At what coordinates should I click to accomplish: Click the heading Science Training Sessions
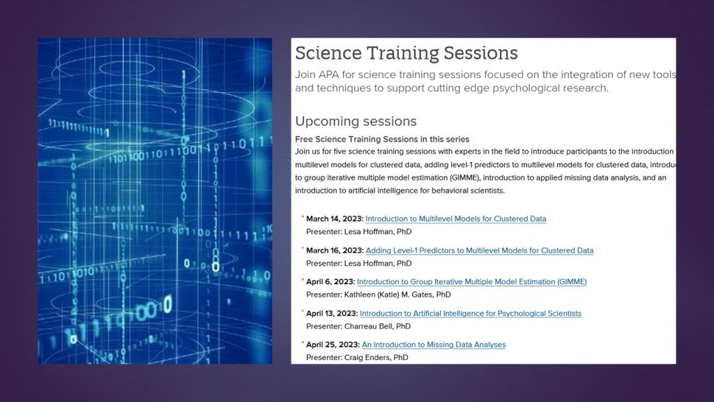[x=407, y=53]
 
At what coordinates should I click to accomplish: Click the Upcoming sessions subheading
[x=356, y=121]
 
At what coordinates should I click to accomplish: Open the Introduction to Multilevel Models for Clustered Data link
[x=456, y=218]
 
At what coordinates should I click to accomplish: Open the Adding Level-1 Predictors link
[x=480, y=251]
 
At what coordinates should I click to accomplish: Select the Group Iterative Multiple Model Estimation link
[x=472, y=282]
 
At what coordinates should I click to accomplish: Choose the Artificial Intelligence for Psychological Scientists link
[x=471, y=313]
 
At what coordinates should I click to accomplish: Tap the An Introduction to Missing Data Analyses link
[x=434, y=345]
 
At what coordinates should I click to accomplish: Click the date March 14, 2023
[x=335, y=218]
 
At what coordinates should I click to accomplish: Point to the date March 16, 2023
[x=335, y=251]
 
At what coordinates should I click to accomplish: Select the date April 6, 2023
[x=331, y=282]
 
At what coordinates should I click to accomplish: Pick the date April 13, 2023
[x=332, y=313]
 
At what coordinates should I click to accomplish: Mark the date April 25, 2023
[x=333, y=345]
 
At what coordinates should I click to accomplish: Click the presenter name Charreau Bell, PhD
[x=377, y=327]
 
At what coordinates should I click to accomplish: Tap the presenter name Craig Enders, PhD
[x=376, y=357]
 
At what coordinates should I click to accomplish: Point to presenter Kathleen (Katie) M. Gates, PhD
[x=397, y=295]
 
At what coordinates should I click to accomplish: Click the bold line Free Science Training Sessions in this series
[x=382, y=139]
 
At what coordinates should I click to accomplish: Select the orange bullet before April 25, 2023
[x=303, y=342]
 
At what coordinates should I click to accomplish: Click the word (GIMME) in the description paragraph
[x=464, y=178]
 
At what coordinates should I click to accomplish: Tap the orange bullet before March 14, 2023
[x=303, y=216]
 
